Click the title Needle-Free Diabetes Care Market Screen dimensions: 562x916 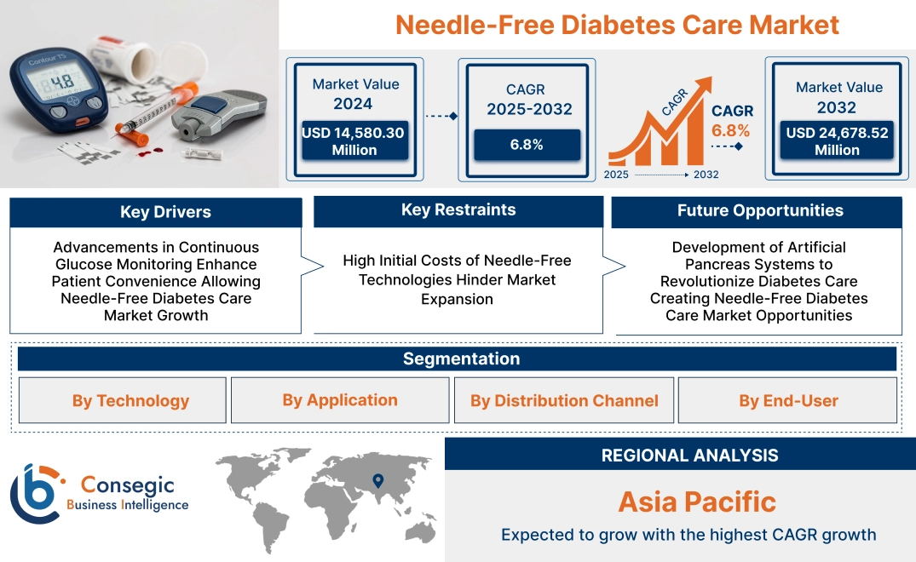(x=617, y=25)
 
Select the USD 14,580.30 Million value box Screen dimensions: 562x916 (x=353, y=141)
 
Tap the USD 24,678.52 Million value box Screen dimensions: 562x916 (x=837, y=141)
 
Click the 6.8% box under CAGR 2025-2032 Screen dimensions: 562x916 (x=527, y=145)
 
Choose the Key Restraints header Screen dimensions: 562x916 (x=458, y=210)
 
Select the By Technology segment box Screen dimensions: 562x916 (x=130, y=401)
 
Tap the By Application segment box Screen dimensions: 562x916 (x=340, y=400)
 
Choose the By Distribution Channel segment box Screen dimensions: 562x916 (x=564, y=401)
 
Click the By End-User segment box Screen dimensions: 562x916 (x=788, y=401)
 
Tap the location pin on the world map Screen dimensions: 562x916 (x=378, y=482)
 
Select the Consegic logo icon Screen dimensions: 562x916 (x=36, y=493)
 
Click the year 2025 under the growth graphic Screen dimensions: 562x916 (x=617, y=175)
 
